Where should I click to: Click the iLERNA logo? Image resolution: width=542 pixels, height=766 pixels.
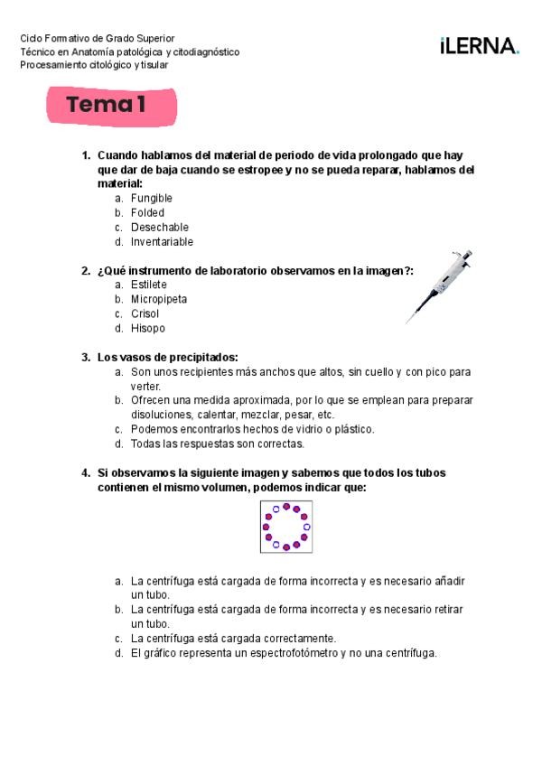[x=479, y=46]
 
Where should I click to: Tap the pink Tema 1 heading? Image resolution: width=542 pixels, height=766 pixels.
[x=112, y=106]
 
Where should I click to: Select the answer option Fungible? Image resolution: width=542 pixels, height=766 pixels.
[x=151, y=198]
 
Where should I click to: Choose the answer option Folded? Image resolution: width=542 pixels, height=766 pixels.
[x=147, y=212]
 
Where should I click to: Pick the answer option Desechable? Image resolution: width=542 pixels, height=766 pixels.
[x=159, y=227]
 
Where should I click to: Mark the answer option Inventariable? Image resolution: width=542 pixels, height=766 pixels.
[x=162, y=241]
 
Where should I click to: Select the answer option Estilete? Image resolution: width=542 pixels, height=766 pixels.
[x=148, y=285]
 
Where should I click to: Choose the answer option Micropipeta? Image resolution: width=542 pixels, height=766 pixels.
[x=159, y=299]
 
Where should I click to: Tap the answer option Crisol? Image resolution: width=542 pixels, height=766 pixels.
[x=145, y=313]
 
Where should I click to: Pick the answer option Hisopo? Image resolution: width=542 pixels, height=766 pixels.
[x=147, y=328]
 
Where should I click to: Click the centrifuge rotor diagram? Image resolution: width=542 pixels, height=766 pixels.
[x=286, y=527]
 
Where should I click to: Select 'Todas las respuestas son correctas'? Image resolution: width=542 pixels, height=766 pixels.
[x=217, y=444]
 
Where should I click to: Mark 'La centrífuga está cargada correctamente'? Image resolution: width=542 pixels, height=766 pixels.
[x=233, y=638]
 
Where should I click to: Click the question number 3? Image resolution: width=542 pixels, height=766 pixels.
[x=85, y=357]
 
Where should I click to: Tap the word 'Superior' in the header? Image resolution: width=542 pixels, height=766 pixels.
[x=155, y=38]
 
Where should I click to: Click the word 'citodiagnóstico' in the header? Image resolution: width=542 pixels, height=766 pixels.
[x=208, y=51]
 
